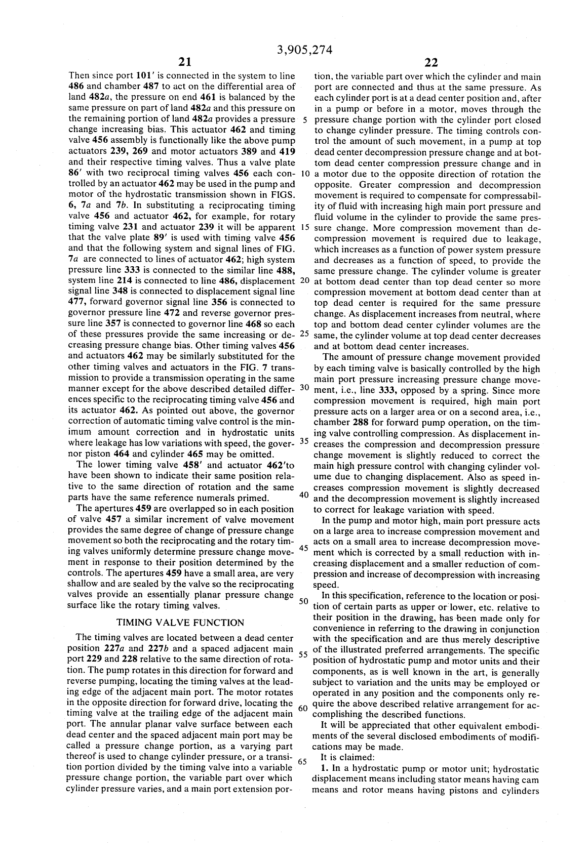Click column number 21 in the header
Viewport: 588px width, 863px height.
[185, 63]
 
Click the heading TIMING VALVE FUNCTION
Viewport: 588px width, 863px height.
[180, 623]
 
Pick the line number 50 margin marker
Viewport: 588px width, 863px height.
[303, 601]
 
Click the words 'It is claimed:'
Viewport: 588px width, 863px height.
[347, 757]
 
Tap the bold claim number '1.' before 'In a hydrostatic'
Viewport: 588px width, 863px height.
[325, 768]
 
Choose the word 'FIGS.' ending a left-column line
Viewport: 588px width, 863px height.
[283, 195]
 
